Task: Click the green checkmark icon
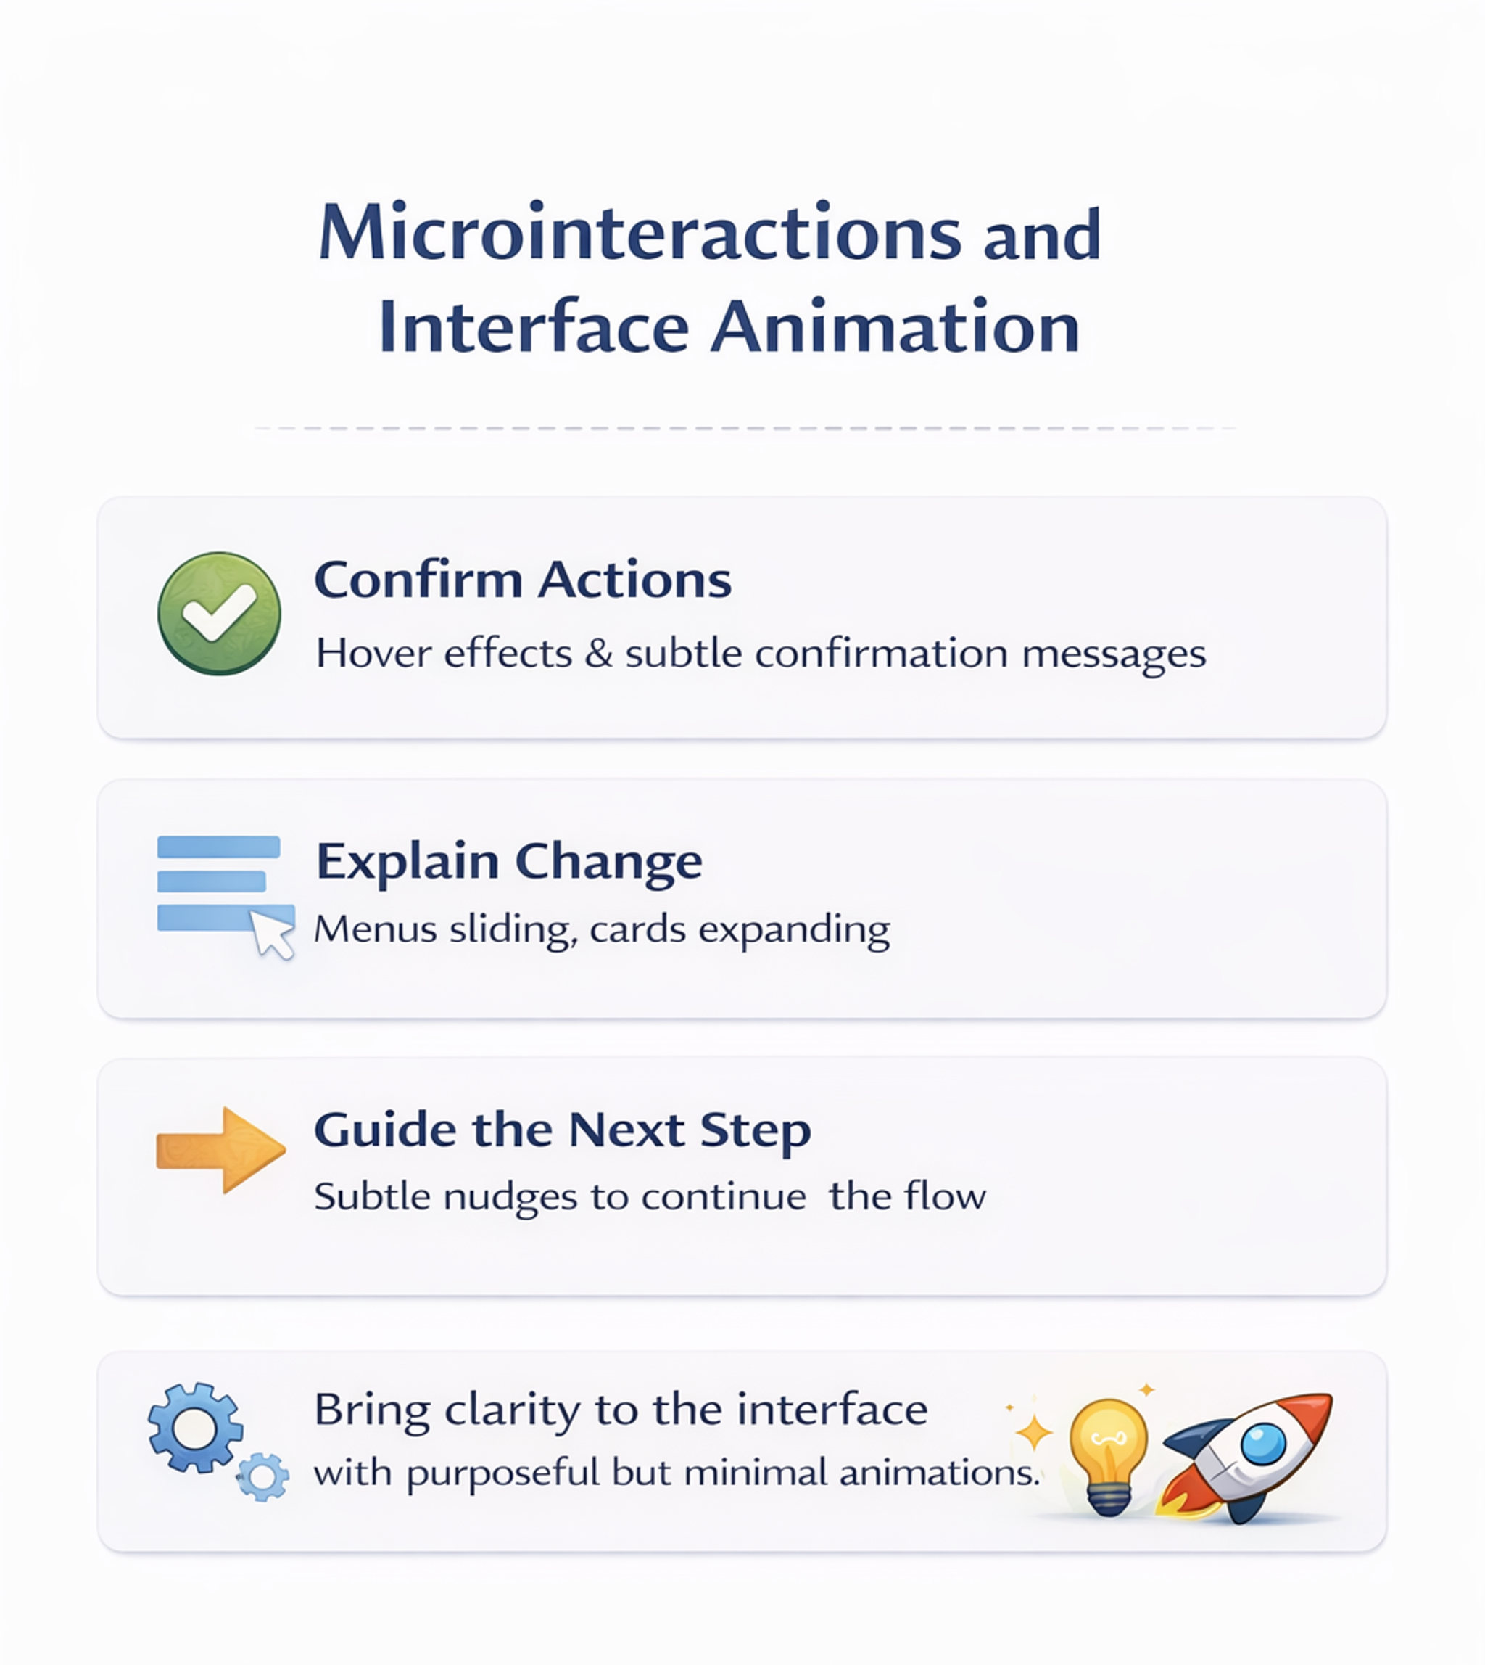[219, 613]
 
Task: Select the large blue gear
[195, 1428]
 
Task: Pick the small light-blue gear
[262, 1476]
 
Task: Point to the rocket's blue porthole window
[1263, 1443]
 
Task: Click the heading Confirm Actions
[523, 580]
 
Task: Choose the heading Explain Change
[509, 861]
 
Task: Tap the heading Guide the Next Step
[562, 1130]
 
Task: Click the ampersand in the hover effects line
[599, 654]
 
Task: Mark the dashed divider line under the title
[744, 428]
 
